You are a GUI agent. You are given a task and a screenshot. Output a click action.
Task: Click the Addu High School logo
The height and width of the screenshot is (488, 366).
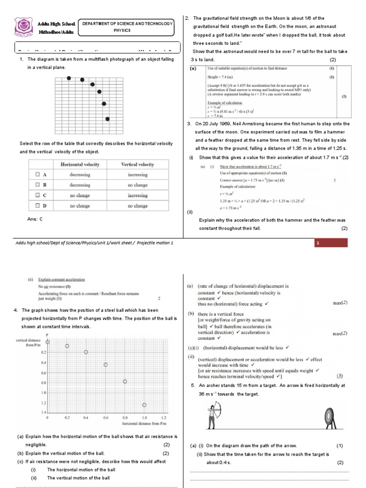tap(23, 27)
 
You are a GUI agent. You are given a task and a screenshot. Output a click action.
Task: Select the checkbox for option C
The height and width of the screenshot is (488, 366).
tap(38, 195)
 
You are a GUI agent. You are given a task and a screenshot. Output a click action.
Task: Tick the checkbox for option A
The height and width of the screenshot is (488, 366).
tap(38, 174)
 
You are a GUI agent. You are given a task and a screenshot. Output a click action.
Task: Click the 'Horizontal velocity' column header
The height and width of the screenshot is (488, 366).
tap(80, 164)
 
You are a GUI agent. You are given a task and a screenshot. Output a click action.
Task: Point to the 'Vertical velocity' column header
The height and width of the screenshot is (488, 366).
tap(138, 164)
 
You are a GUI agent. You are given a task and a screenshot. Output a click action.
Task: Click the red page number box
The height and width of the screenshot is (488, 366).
tap(331, 244)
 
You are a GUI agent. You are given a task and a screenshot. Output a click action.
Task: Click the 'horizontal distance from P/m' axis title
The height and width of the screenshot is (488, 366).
tap(144, 423)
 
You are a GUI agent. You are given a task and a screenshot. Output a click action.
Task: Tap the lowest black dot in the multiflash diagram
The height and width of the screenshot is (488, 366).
tap(107, 119)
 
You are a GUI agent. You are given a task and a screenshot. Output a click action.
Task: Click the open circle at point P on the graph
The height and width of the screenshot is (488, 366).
tap(48, 342)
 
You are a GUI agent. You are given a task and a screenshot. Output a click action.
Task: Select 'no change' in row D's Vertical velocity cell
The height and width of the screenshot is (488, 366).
tap(138, 206)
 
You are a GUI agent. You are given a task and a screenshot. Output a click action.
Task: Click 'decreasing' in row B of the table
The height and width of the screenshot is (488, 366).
tap(80, 185)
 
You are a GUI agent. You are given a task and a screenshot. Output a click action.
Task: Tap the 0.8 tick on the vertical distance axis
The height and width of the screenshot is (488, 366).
tap(43, 382)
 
